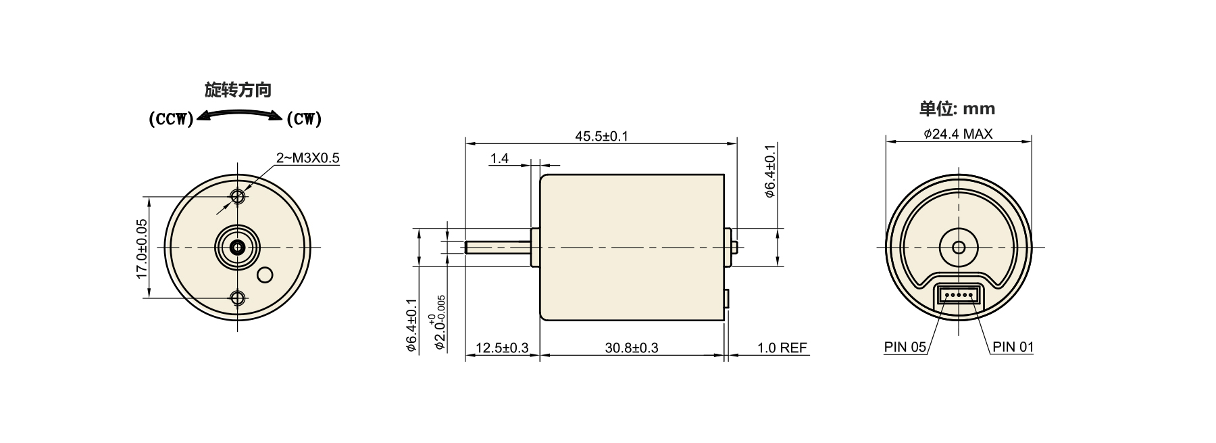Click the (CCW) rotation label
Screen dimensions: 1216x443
(x=171, y=120)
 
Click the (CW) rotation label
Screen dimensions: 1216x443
(x=304, y=120)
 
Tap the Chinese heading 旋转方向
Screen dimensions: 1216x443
(x=238, y=90)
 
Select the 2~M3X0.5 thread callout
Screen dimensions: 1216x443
(x=307, y=158)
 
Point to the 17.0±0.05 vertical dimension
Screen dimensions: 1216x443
(x=141, y=248)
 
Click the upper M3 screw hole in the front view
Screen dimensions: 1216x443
(x=238, y=197)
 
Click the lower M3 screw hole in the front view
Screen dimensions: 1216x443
(x=238, y=298)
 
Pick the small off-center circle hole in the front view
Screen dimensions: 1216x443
(x=265, y=275)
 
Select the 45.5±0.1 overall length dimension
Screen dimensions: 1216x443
(x=601, y=136)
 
